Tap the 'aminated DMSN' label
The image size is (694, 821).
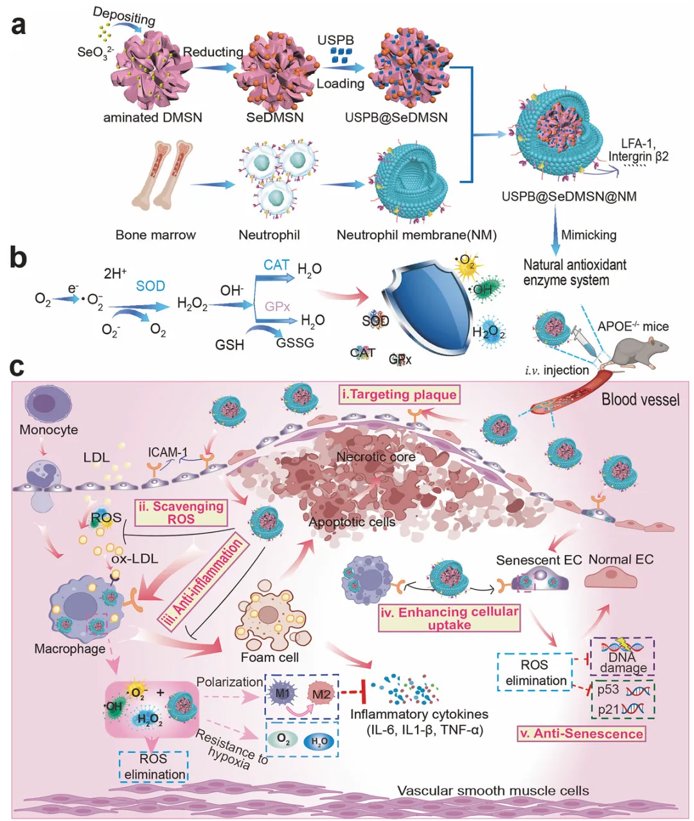pyautogui.click(x=153, y=118)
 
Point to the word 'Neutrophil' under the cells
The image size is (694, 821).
pyautogui.click(x=269, y=235)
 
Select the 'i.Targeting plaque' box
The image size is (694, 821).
pyautogui.click(x=400, y=394)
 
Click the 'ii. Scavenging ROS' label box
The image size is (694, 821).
pyautogui.click(x=181, y=512)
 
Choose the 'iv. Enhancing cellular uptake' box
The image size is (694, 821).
pyautogui.click(x=449, y=617)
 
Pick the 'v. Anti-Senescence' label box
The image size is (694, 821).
pyautogui.click(x=581, y=734)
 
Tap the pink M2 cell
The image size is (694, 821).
pyautogui.click(x=320, y=694)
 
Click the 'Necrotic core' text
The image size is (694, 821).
pyautogui.click(x=376, y=457)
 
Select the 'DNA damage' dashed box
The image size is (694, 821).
pyautogui.click(x=622, y=656)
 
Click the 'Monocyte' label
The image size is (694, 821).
pyautogui.click(x=49, y=430)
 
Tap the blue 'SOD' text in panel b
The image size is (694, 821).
pyautogui.click(x=150, y=286)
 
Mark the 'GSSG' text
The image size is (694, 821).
pyautogui.click(x=295, y=342)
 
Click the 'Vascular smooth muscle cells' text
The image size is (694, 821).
pyautogui.click(x=493, y=790)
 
